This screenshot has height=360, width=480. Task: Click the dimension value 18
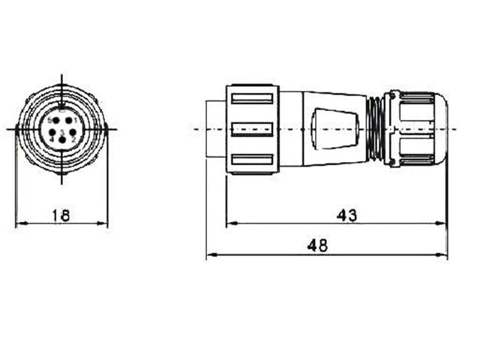pos(61,216)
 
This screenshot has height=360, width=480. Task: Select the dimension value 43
pos(346,215)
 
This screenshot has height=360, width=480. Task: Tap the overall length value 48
pos(317,246)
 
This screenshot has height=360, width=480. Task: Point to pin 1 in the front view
pos(69,120)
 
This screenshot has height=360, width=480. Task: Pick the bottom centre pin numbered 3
pos(61,140)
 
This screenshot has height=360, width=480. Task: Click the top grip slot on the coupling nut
pos(252,98)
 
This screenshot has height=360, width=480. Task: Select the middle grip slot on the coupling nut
pos(252,129)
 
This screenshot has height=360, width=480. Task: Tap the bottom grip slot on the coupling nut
pos(252,159)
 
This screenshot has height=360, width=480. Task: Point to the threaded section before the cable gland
pos(376,128)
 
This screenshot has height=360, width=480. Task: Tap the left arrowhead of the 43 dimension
pos(229,223)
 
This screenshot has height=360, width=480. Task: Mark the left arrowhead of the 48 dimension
pos(209,255)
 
